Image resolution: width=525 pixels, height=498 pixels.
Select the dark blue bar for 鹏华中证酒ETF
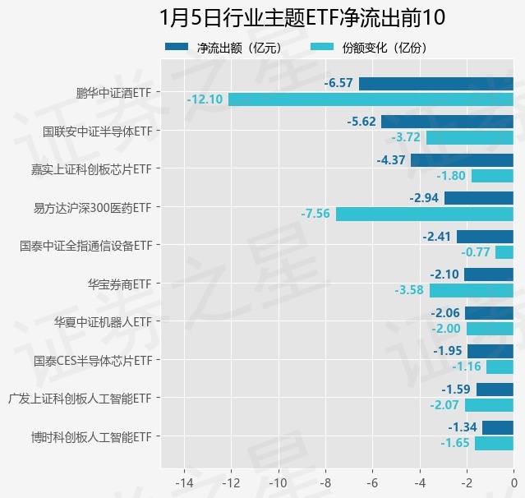[435, 83]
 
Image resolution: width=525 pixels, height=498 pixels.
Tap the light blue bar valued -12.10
[371, 99]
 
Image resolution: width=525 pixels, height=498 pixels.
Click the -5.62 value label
[362, 122]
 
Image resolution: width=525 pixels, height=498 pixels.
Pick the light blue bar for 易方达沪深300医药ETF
[424, 214]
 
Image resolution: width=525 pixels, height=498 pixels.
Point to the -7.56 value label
[315, 214]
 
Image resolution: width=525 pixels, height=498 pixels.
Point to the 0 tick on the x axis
[513, 481]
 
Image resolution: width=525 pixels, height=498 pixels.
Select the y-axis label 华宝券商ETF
[120, 284]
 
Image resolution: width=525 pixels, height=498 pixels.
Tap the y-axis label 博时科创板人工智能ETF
[91, 436]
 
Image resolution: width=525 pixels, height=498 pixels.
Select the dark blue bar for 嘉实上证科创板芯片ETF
[462, 160]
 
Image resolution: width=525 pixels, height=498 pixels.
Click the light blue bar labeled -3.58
[471, 290]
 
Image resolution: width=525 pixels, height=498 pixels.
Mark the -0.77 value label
[476, 252]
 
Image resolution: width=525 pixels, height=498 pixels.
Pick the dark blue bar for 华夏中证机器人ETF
[489, 312]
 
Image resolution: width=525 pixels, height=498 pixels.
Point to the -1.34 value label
[463, 427]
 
